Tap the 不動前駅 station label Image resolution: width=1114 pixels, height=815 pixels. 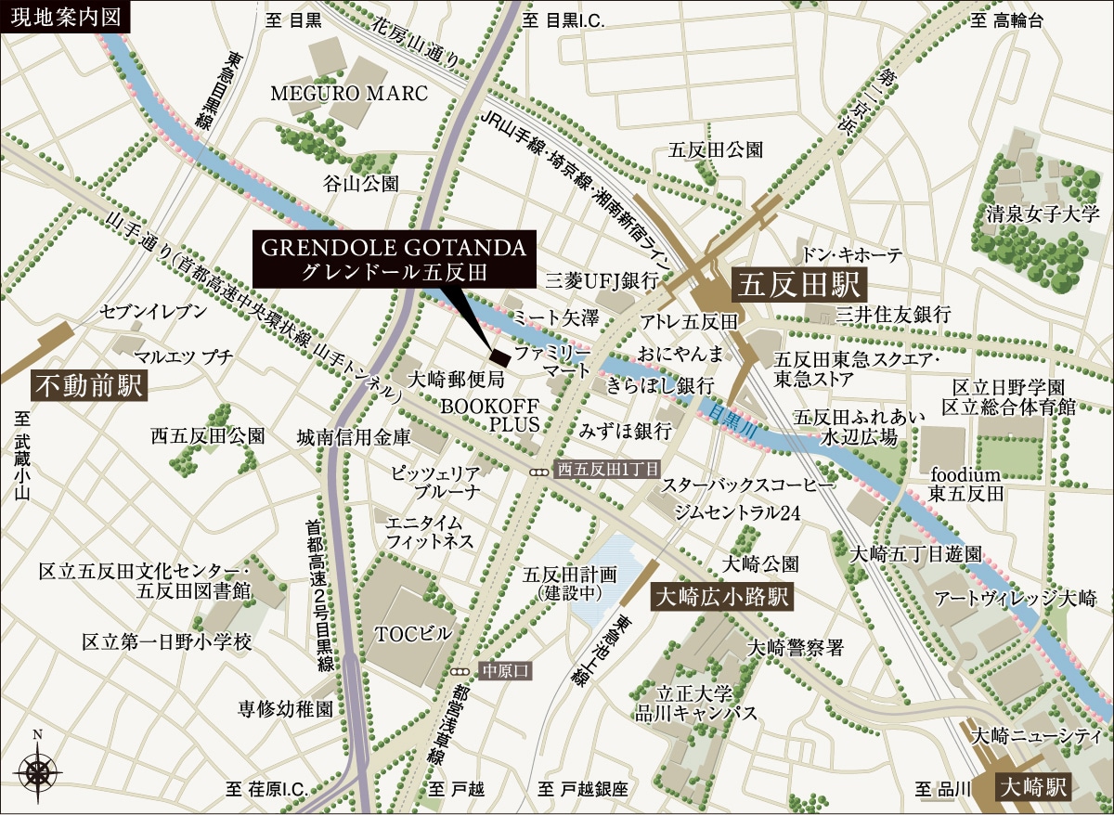91,384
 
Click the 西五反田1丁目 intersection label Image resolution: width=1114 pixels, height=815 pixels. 606,471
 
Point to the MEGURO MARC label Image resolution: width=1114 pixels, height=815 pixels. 348,94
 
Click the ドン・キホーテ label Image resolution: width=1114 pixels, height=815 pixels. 851,253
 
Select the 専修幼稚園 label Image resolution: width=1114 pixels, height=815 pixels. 285,709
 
